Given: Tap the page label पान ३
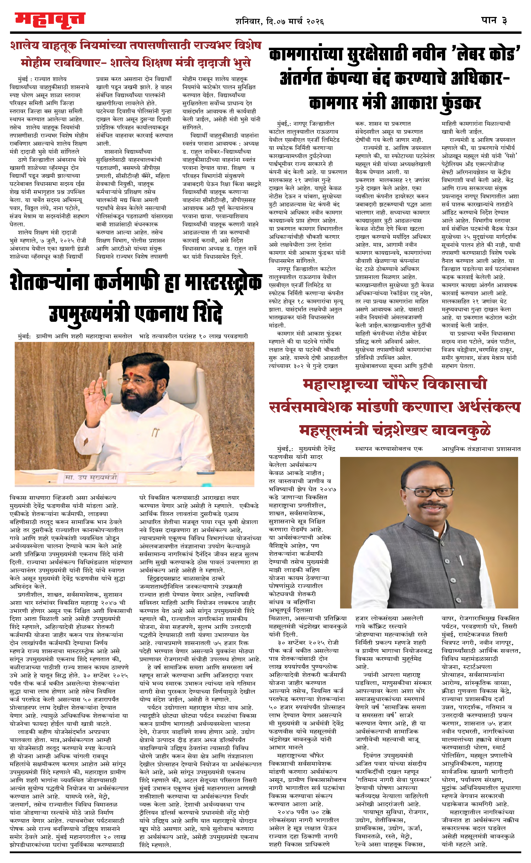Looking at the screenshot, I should [x=494, y=20].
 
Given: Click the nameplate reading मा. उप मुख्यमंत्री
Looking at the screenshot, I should [x=91, y=477].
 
